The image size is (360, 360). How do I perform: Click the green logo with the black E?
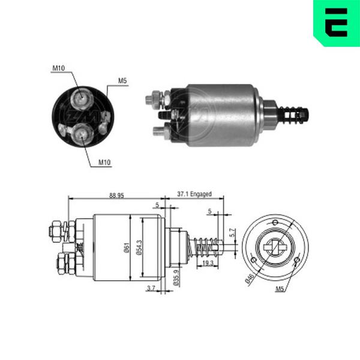click(337, 23)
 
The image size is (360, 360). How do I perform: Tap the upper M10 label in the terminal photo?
click(59, 68)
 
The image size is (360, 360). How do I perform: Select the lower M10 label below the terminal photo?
click(104, 163)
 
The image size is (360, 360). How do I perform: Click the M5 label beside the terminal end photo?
click(122, 81)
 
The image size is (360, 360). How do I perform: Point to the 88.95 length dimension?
click(116, 196)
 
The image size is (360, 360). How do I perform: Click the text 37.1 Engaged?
click(194, 194)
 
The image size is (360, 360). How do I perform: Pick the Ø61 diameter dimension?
click(127, 248)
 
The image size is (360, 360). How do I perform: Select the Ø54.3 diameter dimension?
click(139, 247)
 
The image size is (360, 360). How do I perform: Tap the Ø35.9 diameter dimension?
click(176, 277)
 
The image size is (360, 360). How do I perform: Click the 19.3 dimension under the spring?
click(208, 263)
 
